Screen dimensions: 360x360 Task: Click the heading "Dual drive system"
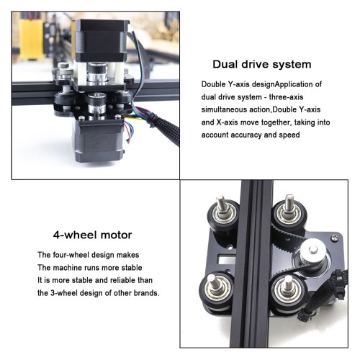click(x=262, y=65)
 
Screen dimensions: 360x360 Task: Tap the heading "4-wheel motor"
click(x=93, y=235)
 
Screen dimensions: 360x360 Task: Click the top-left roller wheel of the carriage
click(x=223, y=215)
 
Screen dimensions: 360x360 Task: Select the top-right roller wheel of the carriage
click(x=287, y=215)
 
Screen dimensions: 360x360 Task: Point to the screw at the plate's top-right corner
click(x=335, y=238)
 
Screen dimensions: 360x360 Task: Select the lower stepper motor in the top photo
click(x=99, y=140)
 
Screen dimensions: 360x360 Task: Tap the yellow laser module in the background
click(x=31, y=39)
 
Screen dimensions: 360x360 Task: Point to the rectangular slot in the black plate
click(x=226, y=258)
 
